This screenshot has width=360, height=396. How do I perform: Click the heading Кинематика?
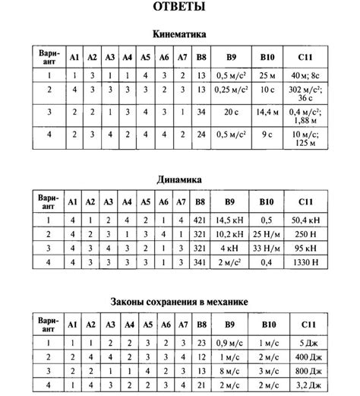179,35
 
